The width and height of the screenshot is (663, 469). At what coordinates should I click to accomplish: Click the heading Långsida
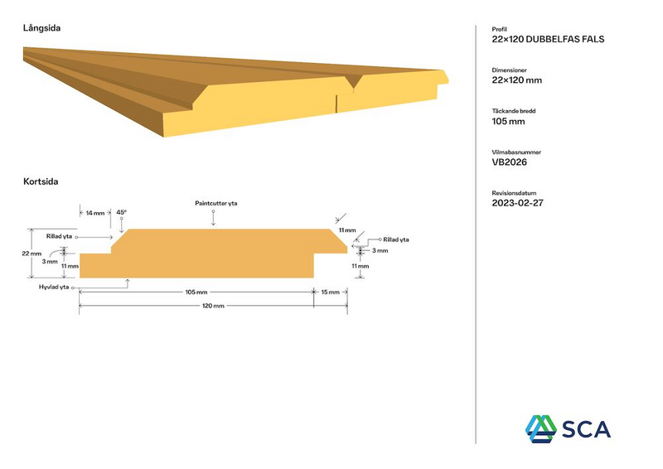tap(41, 28)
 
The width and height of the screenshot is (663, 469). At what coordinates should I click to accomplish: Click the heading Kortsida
tap(40, 181)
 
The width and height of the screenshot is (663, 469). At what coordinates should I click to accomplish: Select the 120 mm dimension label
tap(213, 307)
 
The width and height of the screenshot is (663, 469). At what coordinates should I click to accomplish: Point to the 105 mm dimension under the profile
tap(196, 292)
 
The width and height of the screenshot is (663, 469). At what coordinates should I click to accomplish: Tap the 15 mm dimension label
tap(330, 292)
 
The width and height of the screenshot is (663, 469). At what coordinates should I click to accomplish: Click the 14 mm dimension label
tap(95, 213)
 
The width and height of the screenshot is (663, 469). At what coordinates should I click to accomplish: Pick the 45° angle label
tap(122, 212)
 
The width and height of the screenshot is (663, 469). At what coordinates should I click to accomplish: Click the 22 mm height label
tap(31, 253)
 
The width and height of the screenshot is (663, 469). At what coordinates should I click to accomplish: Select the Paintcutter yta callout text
tap(216, 203)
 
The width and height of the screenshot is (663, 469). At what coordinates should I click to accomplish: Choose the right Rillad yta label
tap(395, 239)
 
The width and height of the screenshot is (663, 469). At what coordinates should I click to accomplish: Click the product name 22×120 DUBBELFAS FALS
tap(548, 39)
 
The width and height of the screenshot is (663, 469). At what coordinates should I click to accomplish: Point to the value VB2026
tap(509, 162)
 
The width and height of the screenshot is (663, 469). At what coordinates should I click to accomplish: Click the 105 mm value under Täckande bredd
tap(508, 121)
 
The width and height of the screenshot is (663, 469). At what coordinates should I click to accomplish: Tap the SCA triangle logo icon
tap(540, 426)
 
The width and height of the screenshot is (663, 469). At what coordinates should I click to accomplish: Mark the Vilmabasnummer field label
tap(516, 152)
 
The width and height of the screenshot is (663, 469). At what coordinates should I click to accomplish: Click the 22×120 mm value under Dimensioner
tap(516, 80)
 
